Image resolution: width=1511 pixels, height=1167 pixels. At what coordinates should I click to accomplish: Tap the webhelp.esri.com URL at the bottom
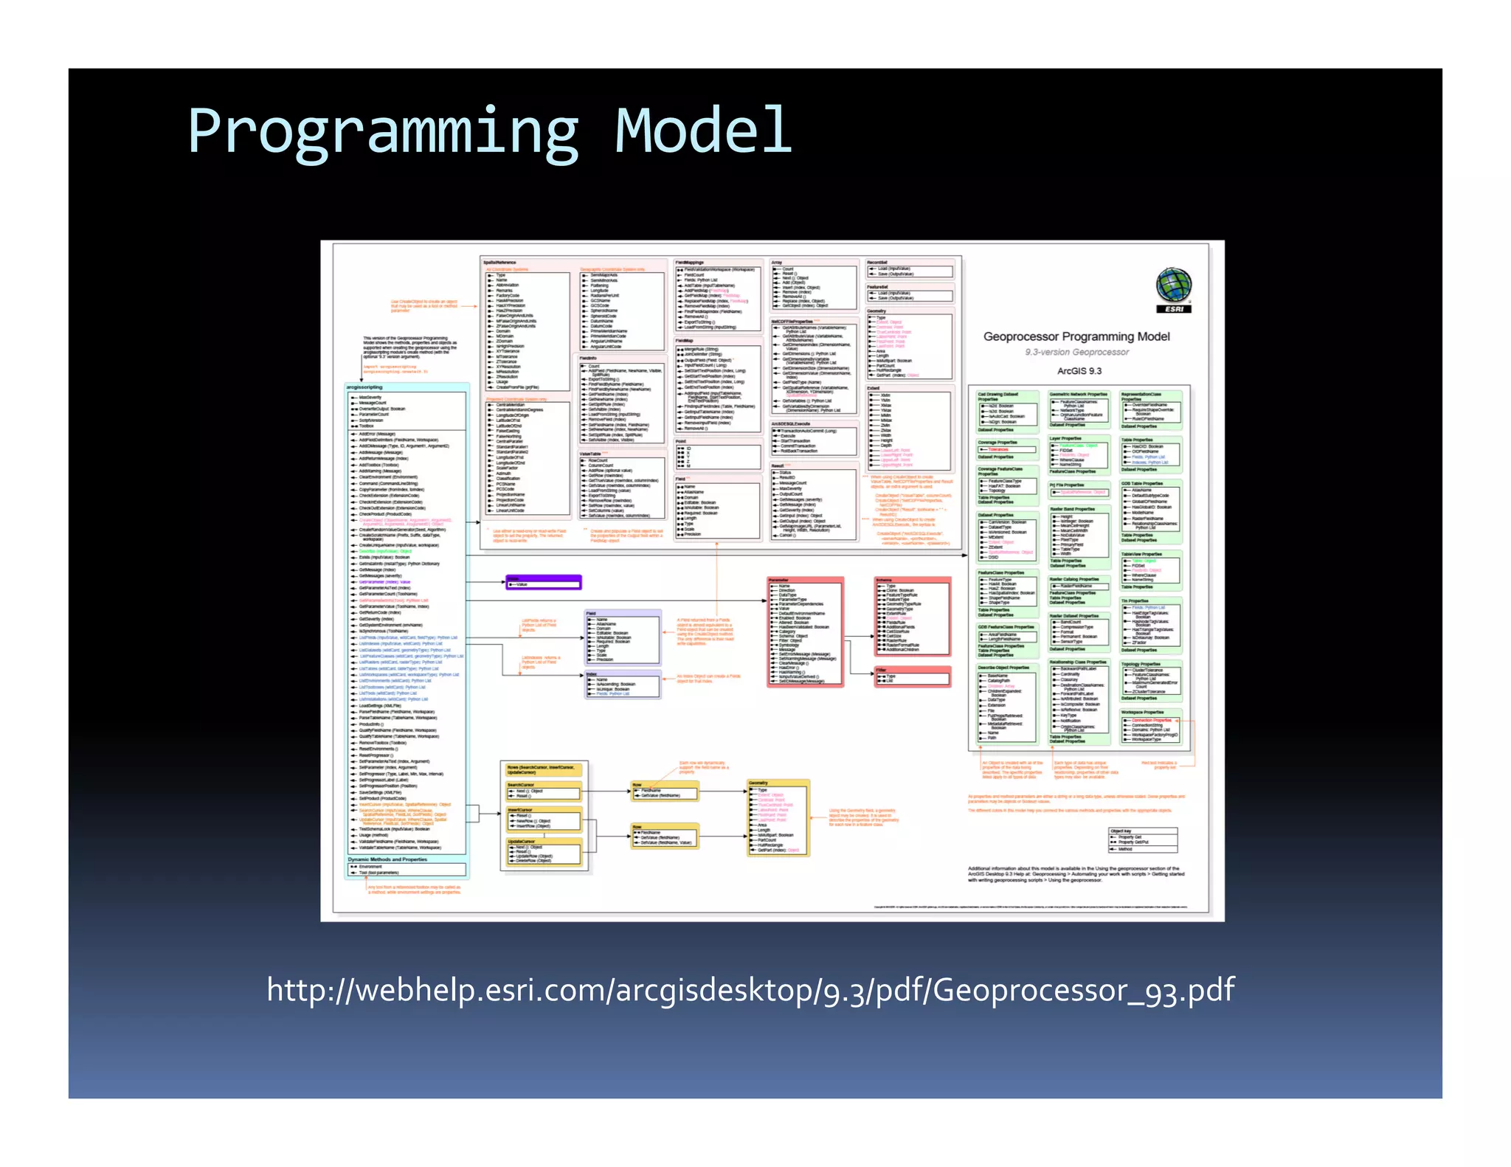point(750,989)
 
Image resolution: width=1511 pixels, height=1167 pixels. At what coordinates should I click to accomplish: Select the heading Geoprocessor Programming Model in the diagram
point(1076,336)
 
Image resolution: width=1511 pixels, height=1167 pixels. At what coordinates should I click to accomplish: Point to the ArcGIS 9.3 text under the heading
point(1079,371)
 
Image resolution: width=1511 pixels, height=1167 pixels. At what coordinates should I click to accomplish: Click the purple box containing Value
point(544,583)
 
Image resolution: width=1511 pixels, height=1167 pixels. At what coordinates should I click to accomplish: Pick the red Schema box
point(913,617)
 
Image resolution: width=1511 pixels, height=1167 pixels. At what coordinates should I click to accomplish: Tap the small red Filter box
point(913,676)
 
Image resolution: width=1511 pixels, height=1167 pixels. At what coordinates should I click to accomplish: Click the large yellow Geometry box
point(778,817)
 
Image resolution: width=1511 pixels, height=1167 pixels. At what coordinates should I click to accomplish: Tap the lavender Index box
point(623,684)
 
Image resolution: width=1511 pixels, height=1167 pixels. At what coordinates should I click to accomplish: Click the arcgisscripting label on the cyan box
point(364,387)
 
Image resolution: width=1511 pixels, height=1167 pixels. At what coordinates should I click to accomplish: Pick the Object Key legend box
point(1143,839)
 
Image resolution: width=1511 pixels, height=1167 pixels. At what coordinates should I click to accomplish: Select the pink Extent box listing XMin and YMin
point(910,429)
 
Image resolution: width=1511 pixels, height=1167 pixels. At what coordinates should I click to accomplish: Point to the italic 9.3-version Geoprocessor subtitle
point(1076,353)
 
